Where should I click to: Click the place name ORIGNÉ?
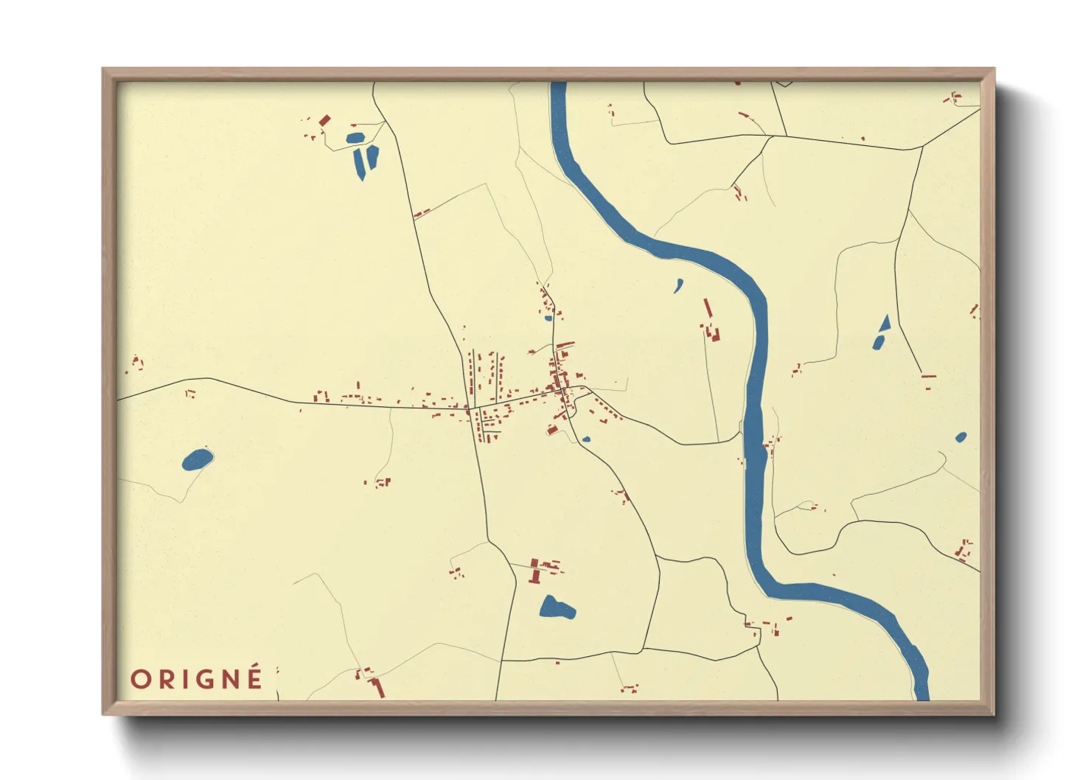click(x=197, y=678)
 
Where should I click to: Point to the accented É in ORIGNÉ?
click(x=254, y=677)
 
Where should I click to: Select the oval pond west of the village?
click(x=197, y=460)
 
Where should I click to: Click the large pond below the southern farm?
click(x=556, y=608)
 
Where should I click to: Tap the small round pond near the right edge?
click(x=961, y=437)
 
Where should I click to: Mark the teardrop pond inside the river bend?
click(x=678, y=285)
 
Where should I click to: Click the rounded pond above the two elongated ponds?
click(x=355, y=138)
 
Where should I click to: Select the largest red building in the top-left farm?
click(x=324, y=119)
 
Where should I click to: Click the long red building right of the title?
click(x=379, y=689)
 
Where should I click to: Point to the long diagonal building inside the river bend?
click(x=708, y=308)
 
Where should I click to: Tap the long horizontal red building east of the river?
click(x=928, y=377)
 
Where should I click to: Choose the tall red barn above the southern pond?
click(x=534, y=570)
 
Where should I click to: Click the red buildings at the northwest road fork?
click(x=421, y=215)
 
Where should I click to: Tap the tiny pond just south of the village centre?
click(x=586, y=439)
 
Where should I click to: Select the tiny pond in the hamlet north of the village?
click(x=548, y=318)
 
